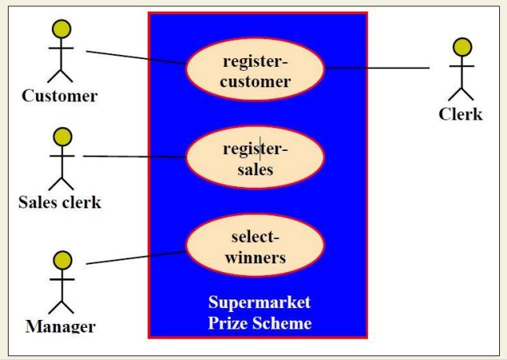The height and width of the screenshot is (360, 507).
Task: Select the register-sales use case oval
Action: [255, 158]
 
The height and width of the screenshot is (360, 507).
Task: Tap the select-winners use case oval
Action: [255, 247]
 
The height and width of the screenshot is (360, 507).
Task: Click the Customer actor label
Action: [60, 97]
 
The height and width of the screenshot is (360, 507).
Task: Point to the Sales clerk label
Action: [60, 202]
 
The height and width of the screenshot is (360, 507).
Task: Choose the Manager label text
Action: [61, 325]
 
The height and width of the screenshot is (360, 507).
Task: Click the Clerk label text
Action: [460, 115]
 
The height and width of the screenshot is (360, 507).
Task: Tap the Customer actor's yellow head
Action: [61, 29]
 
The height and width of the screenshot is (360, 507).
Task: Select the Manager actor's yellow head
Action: [61, 259]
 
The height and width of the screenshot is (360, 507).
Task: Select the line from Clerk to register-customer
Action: [377, 68]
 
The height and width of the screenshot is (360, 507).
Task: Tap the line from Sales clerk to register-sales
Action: [134, 156]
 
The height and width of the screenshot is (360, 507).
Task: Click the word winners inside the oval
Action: [255, 257]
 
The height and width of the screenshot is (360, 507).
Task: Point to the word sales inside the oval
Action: [255, 168]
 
